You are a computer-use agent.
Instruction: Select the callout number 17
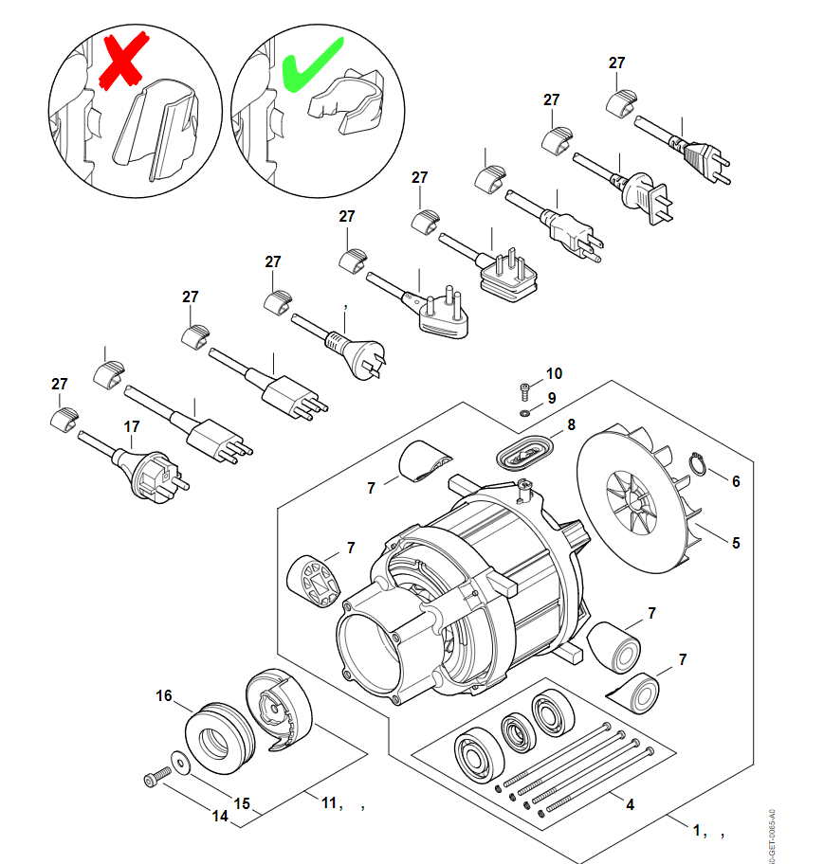pos(132,427)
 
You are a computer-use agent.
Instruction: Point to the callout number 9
pos(551,397)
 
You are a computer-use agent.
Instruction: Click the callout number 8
pos(571,425)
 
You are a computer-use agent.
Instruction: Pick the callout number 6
pos(735,481)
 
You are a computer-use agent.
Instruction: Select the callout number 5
pos(735,543)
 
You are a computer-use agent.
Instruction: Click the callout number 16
pos(164,696)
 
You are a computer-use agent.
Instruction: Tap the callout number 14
pos(220,815)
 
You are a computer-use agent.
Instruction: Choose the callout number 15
pos(242,803)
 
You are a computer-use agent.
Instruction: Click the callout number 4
pos(629,803)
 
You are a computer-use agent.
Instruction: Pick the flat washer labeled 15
pos(179,758)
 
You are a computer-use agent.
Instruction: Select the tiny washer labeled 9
pos(524,413)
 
